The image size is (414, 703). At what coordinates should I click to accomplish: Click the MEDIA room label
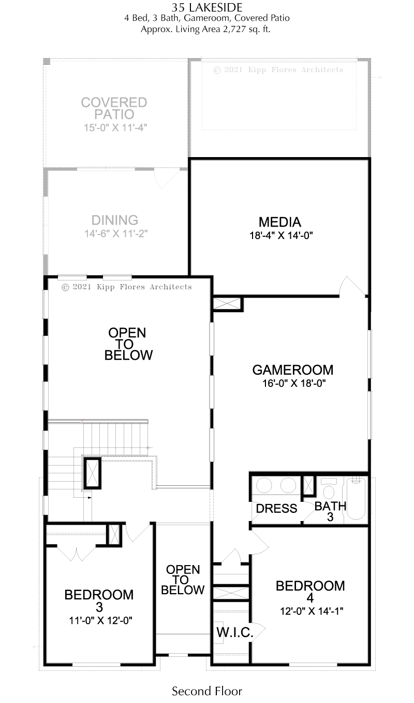pos(279,222)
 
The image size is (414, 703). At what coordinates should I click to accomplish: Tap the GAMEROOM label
pos(293,370)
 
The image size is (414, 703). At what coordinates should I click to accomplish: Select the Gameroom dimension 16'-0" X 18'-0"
pos(294,383)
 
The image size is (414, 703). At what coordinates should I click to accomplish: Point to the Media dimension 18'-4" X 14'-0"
pos(281,235)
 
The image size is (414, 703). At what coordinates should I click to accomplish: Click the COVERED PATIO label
pos(114,108)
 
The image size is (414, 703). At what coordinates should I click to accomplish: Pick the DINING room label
pos(114,220)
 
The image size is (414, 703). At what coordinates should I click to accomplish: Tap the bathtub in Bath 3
pos(356,499)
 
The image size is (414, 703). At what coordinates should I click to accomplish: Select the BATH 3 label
pos(330,511)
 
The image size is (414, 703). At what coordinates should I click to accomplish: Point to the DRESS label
pos(276,509)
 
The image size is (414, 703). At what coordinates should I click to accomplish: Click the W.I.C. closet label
pos(234,632)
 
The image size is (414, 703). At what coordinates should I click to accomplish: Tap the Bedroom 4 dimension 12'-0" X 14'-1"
pos(312,611)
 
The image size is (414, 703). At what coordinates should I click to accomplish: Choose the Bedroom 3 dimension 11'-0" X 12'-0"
pos(100,621)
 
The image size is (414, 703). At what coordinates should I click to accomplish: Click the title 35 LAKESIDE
pos(206,8)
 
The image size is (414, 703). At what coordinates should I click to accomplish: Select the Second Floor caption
pos(206,691)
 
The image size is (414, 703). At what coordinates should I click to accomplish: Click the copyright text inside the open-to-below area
pos(126,287)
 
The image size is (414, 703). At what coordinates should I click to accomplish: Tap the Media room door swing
pos(352,286)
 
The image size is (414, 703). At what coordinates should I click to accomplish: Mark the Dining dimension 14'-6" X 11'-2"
pos(116,234)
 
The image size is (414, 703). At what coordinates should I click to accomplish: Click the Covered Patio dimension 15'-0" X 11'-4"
pos(115,128)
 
